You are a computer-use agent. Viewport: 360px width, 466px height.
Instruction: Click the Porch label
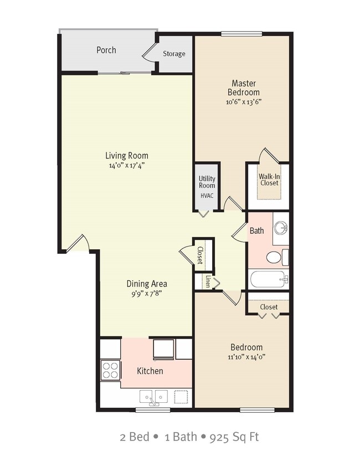point(106,50)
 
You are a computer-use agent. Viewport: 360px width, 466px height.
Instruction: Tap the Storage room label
point(174,54)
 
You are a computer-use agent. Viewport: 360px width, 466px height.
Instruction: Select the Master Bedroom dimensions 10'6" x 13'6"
point(243,102)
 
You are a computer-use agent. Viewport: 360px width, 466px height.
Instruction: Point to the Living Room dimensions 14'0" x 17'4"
point(127,165)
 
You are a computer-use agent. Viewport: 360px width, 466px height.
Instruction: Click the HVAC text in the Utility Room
point(207,196)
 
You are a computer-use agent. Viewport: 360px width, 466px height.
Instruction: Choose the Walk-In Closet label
point(269,180)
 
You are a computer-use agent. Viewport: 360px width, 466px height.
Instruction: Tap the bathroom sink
point(281,228)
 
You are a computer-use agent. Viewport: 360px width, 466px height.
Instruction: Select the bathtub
point(268,279)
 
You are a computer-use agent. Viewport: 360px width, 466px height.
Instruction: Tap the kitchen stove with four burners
point(110,370)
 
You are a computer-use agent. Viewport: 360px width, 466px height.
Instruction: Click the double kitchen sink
point(154,397)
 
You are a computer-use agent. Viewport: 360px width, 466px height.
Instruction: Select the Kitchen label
point(150,371)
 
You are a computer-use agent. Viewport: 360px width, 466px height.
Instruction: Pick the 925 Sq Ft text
point(234,437)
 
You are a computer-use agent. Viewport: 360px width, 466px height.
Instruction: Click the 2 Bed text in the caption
point(135,437)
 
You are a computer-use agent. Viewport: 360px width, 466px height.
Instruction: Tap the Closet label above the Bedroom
point(269,307)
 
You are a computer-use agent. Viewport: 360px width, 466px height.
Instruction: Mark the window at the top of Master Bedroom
point(241,34)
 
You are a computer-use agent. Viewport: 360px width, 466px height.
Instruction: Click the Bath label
point(256,231)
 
